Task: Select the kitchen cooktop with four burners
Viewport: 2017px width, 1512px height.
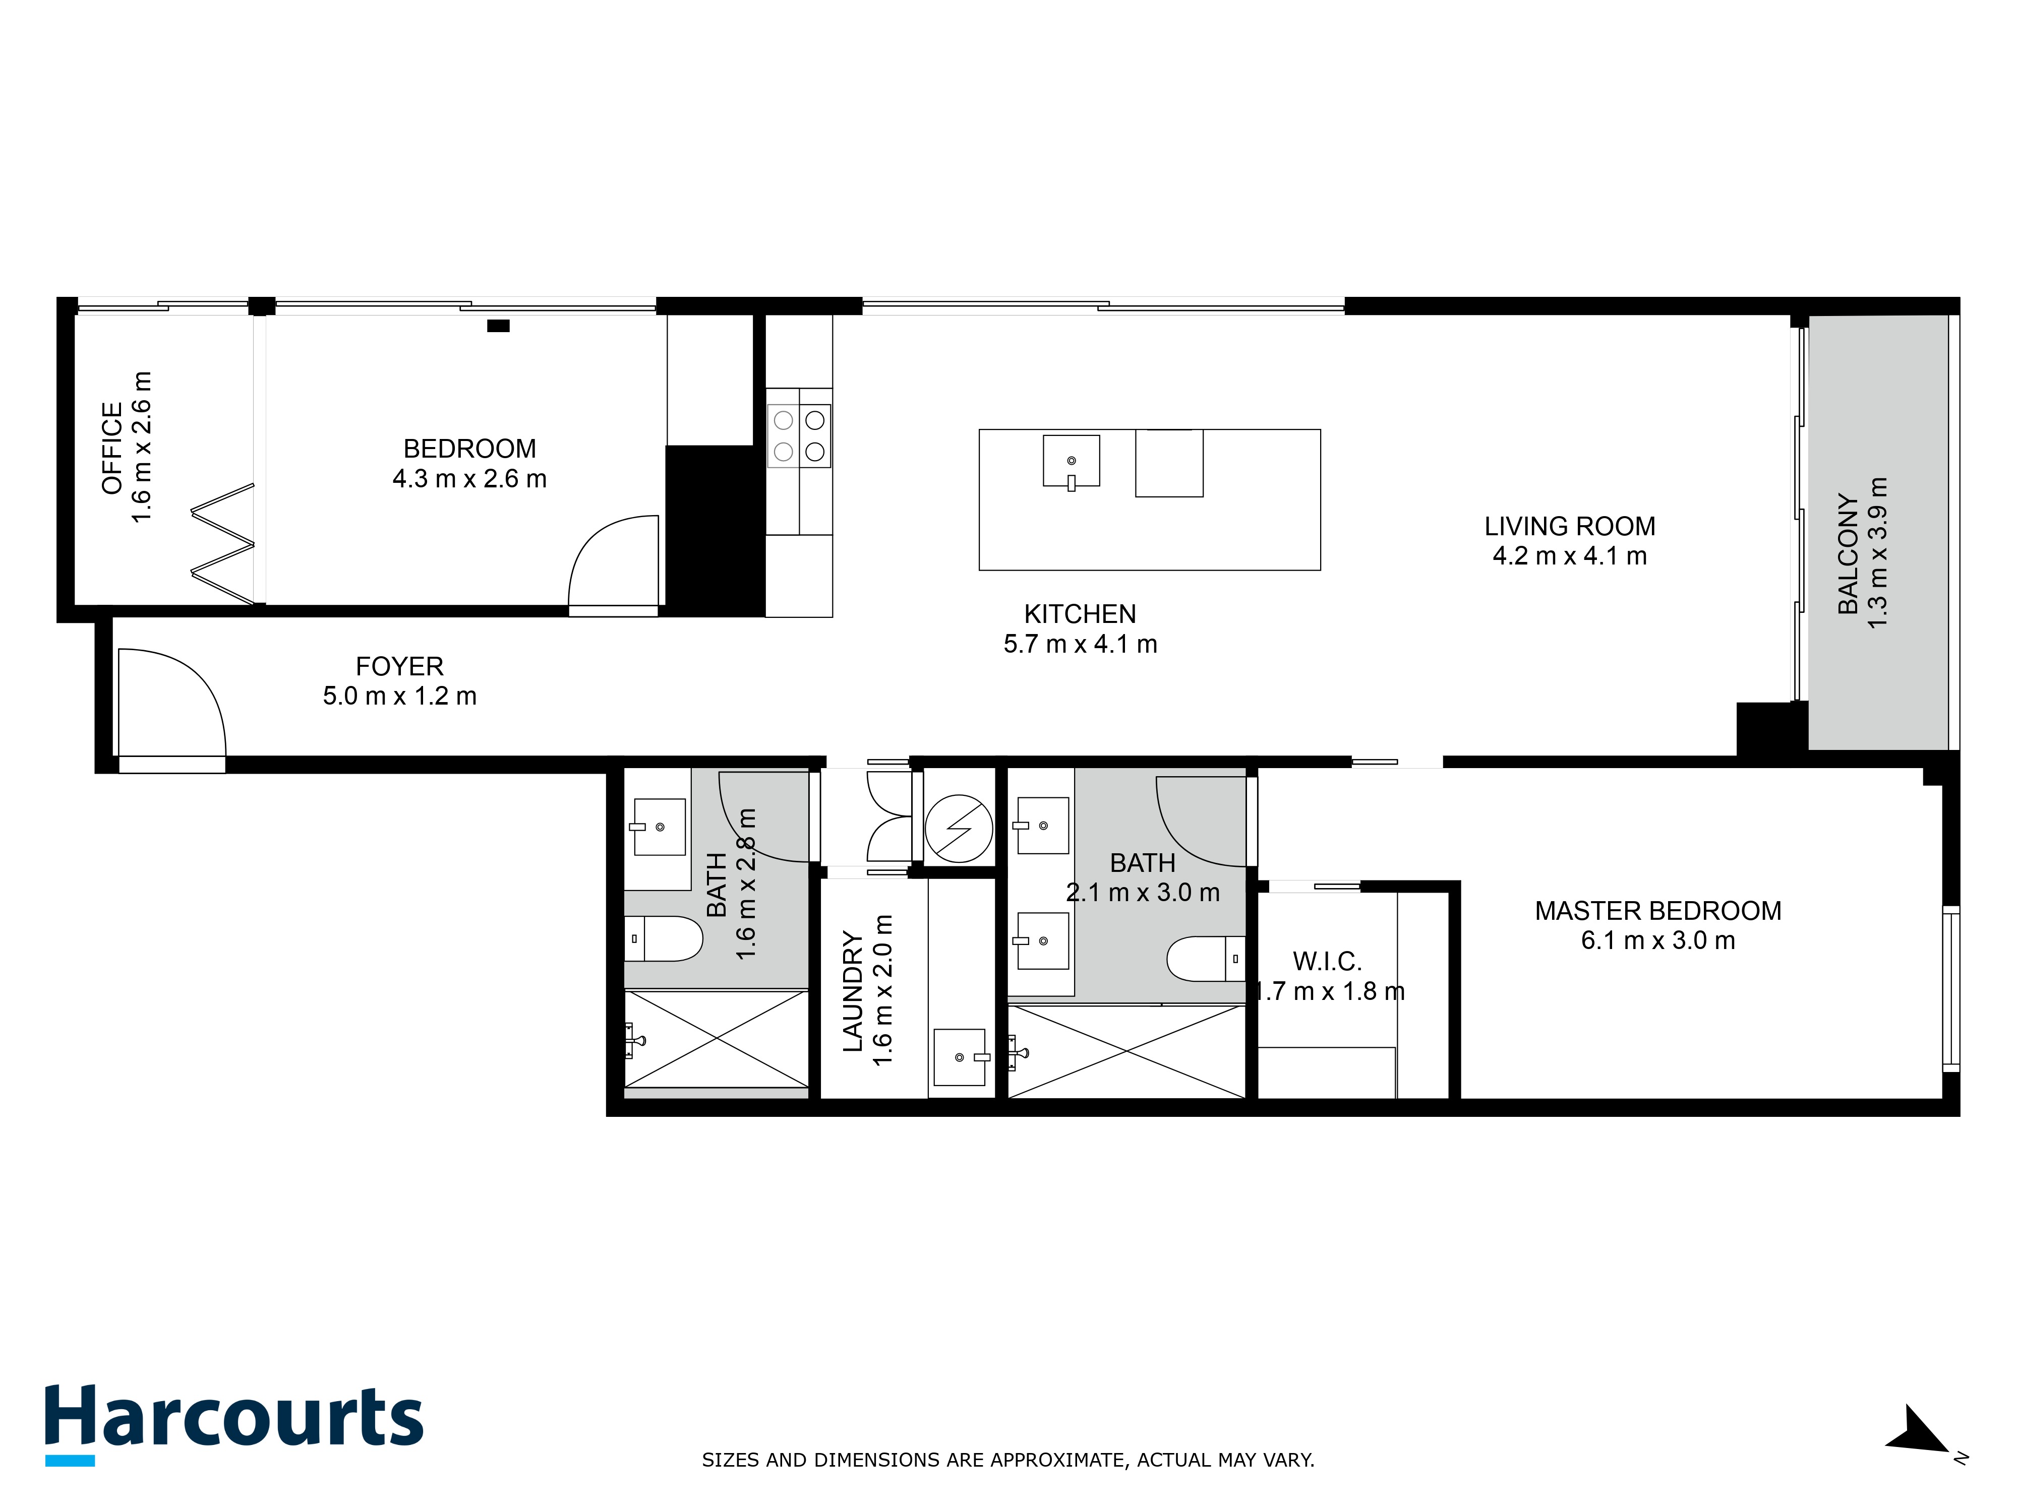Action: point(799,435)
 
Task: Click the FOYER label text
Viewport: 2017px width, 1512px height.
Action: point(399,666)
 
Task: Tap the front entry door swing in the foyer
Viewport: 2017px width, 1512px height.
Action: point(171,702)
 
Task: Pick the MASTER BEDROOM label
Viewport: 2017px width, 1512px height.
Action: point(1658,911)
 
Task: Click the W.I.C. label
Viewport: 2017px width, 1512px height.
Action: point(1327,961)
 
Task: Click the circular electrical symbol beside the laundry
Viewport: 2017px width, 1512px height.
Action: point(959,829)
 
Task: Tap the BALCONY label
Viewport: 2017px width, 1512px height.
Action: point(1848,554)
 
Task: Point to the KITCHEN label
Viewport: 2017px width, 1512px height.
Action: point(1080,614)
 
